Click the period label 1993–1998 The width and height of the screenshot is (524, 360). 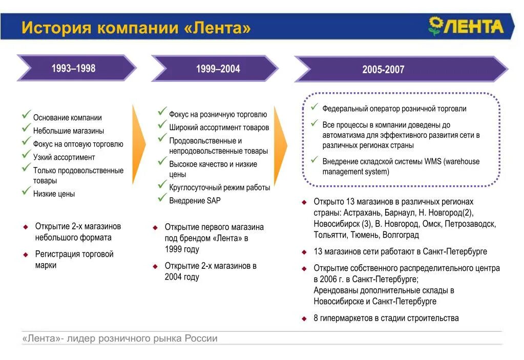(x=73, y=68)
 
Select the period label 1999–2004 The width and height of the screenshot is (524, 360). (x=218, y=69)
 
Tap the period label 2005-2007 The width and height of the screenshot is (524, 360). (x=383, y=70)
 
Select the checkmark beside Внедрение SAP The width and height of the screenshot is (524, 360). (x=162, y=199)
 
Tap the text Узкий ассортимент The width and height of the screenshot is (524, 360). (x=64, y=157)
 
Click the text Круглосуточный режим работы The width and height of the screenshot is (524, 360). (x=219, y=187)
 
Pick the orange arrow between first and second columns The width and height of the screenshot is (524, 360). (x=139, y=144)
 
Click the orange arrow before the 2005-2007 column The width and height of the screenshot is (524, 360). (x=280, y=144)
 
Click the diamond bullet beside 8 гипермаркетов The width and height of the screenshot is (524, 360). (x=304, y=319)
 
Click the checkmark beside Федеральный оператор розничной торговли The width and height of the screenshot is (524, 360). (x=315, y=107)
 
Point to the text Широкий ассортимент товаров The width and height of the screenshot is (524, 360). (x=219, y=128)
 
